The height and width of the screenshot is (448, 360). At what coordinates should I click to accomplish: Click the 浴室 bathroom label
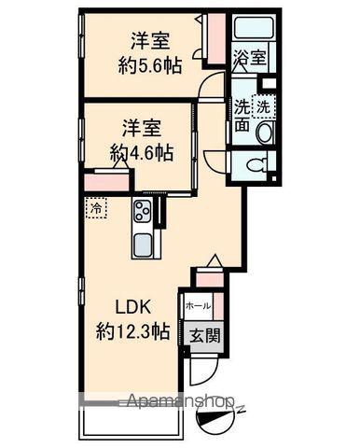(x=252, y=57)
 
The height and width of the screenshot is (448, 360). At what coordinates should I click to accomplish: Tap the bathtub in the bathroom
(x=252, y=28)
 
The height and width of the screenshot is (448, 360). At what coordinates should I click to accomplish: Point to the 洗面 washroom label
(x=242, y=117)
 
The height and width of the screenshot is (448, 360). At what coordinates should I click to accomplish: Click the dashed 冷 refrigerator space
(x=96, y=208)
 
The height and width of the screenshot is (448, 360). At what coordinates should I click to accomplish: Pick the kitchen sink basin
(x=145, y=247)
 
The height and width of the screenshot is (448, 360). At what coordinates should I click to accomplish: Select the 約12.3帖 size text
(x=134, y=330)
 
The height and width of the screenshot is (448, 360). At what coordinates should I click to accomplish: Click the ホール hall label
(x=198, y=306)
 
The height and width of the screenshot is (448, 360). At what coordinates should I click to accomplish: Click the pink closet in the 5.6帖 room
(x=214, y=41)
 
